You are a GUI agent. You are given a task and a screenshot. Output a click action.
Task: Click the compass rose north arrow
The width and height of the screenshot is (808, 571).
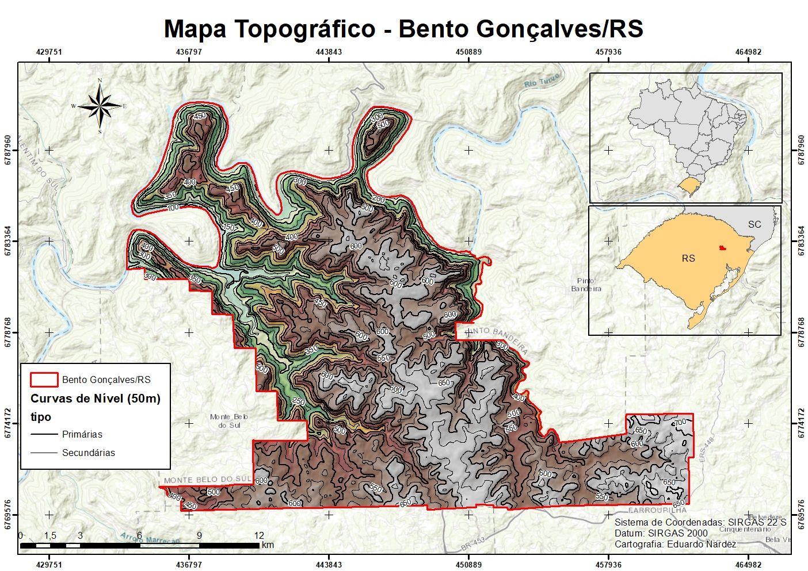coord(101,106)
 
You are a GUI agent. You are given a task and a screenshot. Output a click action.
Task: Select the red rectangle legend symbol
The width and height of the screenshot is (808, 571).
coord(44,380)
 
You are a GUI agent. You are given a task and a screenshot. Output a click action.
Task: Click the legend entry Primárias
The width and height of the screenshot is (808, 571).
coord(82,434)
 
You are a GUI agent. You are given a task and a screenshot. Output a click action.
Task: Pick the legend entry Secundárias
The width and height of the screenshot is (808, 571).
coord(88,453)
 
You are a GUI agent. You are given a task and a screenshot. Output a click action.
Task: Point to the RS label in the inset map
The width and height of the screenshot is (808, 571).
coord(688,258)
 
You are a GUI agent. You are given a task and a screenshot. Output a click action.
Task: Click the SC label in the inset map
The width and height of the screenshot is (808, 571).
coord(754,224)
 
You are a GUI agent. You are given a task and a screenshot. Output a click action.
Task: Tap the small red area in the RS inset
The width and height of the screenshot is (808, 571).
coord(722,248)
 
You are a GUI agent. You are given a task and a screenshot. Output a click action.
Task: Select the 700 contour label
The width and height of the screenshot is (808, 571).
coord(680,423)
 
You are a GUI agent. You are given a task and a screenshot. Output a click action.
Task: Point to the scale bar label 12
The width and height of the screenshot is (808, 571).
coord(259,535)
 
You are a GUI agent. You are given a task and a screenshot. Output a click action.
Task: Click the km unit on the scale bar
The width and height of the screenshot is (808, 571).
coord(268,545)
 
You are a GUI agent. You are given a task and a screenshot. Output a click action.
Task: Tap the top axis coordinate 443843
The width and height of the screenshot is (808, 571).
coord(329,52)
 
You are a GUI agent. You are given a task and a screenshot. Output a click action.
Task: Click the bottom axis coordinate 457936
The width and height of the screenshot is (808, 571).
coord(608,565)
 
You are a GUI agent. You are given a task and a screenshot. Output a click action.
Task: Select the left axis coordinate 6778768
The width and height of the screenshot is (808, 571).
coord(8,332)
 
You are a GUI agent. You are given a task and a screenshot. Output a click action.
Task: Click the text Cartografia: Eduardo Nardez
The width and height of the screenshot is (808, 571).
coord(675,544)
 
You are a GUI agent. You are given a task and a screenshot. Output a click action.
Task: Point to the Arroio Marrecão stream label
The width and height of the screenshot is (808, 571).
coord(150,539)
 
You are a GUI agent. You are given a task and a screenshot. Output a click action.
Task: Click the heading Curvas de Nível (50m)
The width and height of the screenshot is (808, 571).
coord(96,398)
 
